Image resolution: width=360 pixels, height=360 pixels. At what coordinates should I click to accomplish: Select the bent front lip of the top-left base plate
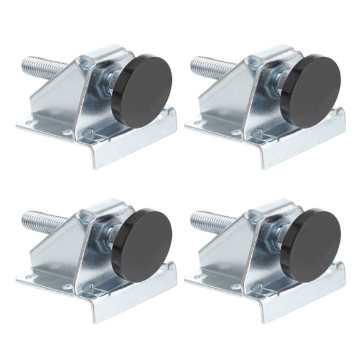[x=125, y=150]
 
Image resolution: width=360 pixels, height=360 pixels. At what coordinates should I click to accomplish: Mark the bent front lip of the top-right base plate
[x=294, y=150]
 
